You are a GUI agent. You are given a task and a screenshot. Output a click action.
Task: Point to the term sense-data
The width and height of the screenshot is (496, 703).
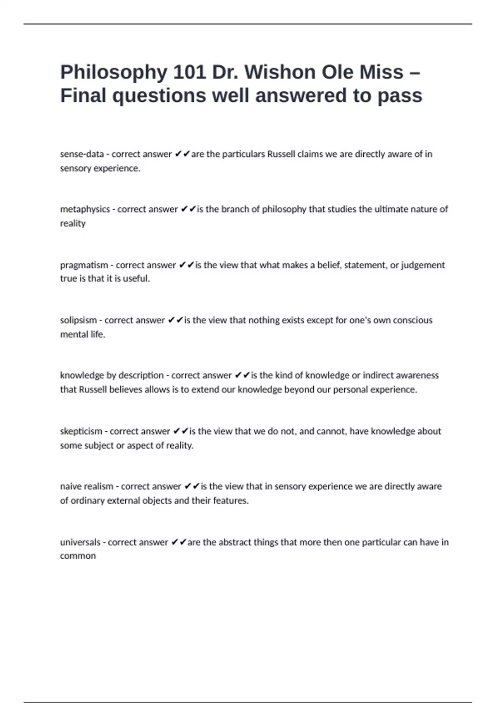pos(82,154)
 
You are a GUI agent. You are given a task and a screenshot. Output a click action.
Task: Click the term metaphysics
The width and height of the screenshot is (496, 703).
pos(85,210)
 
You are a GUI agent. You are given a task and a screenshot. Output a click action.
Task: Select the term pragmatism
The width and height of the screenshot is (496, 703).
pos(84,265)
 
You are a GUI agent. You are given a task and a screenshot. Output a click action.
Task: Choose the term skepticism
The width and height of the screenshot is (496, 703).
pos(81,431)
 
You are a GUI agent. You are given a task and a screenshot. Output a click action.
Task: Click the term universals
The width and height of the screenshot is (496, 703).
pos(80,542)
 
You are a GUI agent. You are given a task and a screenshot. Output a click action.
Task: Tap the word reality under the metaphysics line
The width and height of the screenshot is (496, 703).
pos(73,224)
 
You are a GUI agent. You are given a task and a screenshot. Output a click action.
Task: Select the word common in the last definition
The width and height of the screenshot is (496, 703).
pos(78,556)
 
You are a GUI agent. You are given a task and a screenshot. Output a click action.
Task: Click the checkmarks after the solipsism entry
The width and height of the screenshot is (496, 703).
pos(175,320)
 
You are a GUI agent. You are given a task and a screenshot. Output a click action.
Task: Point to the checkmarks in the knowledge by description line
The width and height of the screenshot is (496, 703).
pos(242,375)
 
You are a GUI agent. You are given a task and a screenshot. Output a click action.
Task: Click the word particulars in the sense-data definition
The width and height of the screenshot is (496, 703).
pos(243,154)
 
